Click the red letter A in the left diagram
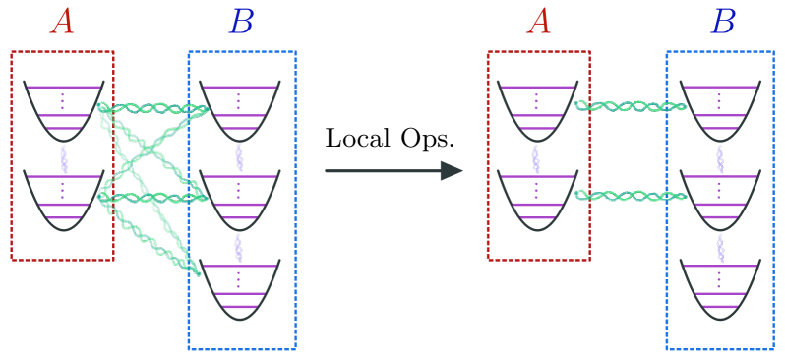coord(63,22)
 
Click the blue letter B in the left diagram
coord(241,22)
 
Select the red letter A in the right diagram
coord(538,22)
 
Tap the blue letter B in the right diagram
coord(722,22)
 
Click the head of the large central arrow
coord(452,171)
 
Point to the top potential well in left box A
coord(64,110)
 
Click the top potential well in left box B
coord(239,110)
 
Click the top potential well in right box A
coord(537,110)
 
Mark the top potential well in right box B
coord(719,110)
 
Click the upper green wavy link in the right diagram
coord(630,106)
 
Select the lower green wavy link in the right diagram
coord(630,196)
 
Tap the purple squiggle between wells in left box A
coord(64,157)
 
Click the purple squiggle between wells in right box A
coord(536,157)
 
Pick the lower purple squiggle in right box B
coord(719,247)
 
